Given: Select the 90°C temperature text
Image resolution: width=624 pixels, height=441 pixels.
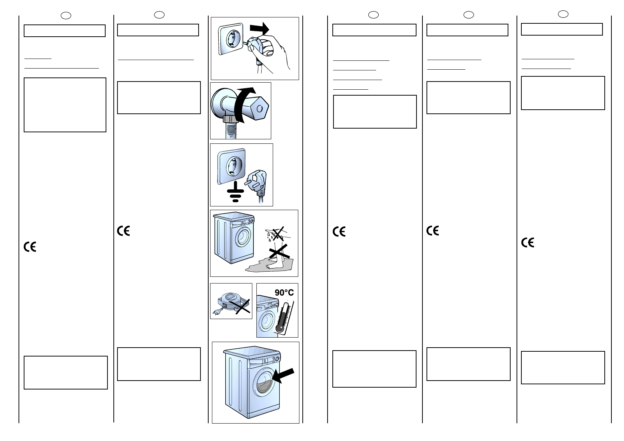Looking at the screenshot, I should pos(284,293).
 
